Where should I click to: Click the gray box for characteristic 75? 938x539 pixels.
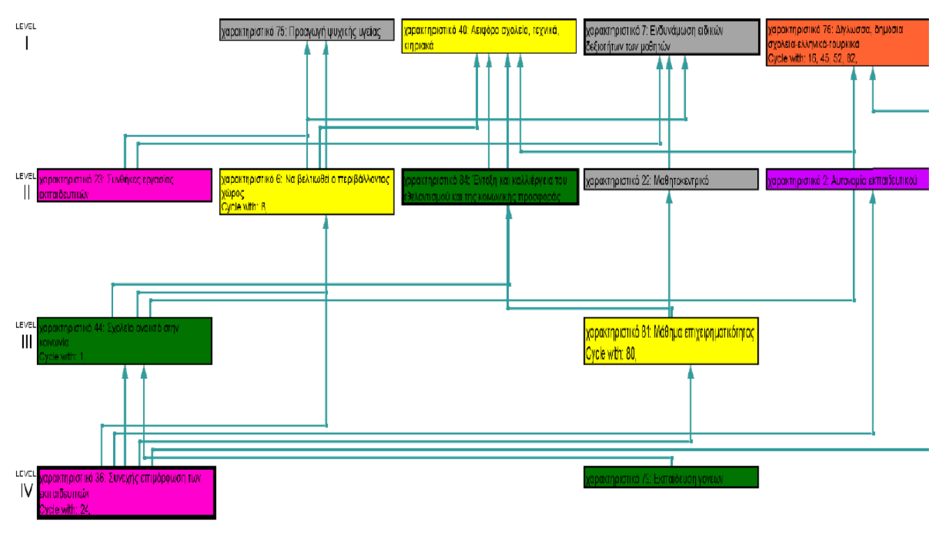click(x=307, y=30)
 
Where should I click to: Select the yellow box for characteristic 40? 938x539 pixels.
click(x=489, y=36)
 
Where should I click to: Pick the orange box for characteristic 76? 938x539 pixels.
click(x=847, y=42)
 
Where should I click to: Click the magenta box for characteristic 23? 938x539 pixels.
click(x=124, y=185)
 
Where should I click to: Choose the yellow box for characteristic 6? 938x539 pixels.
click(x=306, y=191)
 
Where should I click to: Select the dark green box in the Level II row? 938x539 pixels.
click(x=490, y=186)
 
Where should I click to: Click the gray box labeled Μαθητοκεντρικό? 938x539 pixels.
click(x=671, y=179)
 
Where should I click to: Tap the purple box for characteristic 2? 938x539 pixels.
click(x=847, y=179)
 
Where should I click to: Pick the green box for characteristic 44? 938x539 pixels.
click(x=124, y=341)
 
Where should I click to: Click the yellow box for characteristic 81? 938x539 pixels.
click(x=671, y=341)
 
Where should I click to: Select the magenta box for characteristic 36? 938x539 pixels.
click(x=126, y=492)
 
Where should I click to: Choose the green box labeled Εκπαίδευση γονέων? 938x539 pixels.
click(x=671, y=478)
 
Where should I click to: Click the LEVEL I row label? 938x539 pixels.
click(x=26, y=38)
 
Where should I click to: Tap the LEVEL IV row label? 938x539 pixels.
click(x=26, y=486)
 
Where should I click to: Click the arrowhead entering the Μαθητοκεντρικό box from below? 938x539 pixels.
click(x=670, y=197)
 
